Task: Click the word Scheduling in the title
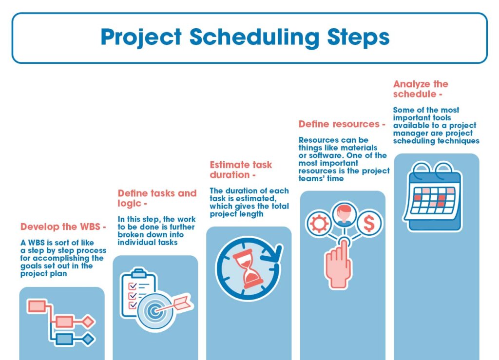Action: click(x=254, y=38)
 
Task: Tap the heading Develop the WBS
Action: click(x=63, y=227)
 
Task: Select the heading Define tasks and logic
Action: click(x=157, y=198)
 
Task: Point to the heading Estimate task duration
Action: click(x=241, y=170)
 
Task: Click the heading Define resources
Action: click(x=342, y=124)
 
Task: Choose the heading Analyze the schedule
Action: click(x=421, y=89)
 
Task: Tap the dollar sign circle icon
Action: click(x=369, y=223)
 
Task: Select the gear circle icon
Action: click(x=319, y=223)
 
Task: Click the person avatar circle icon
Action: click(x=344, y=215)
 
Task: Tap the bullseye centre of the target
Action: click(x=154, y=311)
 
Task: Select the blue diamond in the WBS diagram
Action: click(x=88, y=340)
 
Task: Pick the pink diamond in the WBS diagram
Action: click(x=88, y=322)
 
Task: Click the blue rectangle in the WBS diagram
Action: click(x=64, y=340)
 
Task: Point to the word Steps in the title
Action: click(x=358, y=38)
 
